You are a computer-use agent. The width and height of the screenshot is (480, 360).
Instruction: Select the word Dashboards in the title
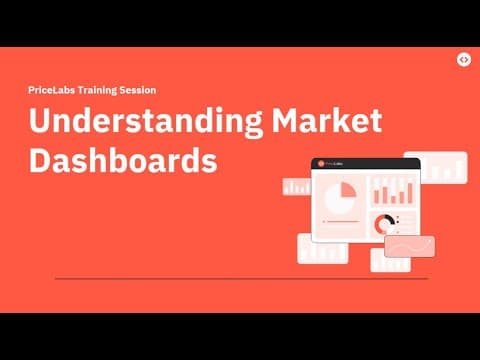point(123,160)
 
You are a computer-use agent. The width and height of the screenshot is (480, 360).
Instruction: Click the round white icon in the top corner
point(464,59)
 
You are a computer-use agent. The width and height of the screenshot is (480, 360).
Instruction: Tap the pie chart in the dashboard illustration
point(342,196)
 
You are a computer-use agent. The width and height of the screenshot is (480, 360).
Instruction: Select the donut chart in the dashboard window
point(383,225)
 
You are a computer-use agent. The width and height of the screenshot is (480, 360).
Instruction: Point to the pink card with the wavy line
point(410,246)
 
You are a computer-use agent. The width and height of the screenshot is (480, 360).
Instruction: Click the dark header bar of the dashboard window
point(365,163)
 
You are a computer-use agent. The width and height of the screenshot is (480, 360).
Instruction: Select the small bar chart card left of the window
point(297,186)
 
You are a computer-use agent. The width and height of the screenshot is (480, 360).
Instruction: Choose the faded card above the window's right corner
point(440,166)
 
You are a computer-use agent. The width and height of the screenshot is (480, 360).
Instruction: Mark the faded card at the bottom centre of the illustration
point(390,261)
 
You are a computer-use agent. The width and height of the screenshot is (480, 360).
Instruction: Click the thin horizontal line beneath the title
point(228,278)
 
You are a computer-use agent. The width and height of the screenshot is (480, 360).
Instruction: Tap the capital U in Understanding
point(41,122)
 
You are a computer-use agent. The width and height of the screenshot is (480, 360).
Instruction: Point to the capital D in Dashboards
point(41,160)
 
